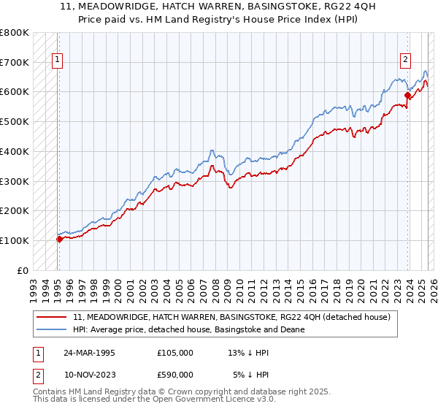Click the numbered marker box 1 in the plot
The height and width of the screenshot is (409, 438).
[x=58, y=61]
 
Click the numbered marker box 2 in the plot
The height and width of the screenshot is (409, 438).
[x=405, y=61]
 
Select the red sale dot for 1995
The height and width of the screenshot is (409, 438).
[x=59, y=239]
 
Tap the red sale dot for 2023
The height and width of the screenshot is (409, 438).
[x=407, y=94]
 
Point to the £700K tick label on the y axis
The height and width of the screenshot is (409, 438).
[x=14, y=63]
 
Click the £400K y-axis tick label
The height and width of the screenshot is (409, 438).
[x=14, y=152]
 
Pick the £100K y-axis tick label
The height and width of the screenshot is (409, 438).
[x=14, y=240]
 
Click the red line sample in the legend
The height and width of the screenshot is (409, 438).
[x=52, y=317]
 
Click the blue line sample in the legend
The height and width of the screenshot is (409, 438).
[x=52, y=329]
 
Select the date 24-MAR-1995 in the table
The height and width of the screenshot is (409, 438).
[x=89, y=352]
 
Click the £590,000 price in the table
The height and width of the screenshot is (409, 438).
[x=175, y=374]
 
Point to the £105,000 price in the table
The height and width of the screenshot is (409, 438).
[x=175, y=352]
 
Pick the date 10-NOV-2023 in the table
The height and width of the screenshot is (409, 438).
[x=89, y=374]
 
